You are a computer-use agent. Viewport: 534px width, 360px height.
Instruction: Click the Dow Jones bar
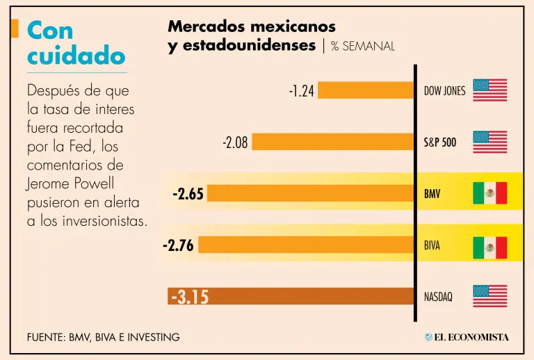click(366, 90)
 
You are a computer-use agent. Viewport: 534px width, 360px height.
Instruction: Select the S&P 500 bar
click(332, 142)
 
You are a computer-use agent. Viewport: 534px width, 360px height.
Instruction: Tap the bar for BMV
click(310, 193)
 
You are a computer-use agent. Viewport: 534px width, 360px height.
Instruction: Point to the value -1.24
click(302, 90)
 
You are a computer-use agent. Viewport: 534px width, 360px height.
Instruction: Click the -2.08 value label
click(235, 142)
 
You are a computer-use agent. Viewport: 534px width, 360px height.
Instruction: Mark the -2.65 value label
click(188, 194)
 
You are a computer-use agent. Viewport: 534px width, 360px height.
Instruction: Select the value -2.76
click(178, 245)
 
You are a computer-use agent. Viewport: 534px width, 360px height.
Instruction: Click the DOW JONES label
click(444, 91)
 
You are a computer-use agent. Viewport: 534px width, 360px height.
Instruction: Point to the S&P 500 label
click(440, 142)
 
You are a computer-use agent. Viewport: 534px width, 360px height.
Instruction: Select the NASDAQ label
click(438, 297)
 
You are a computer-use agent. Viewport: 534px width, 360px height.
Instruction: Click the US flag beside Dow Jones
click(489, 90)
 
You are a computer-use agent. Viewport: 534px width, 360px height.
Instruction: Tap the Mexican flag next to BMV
click(489, 193)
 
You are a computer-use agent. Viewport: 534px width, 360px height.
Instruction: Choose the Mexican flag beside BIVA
click(489, 247)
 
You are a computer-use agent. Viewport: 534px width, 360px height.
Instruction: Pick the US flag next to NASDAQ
click(489, 296)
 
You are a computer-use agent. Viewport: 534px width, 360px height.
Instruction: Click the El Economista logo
click(467, 337)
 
